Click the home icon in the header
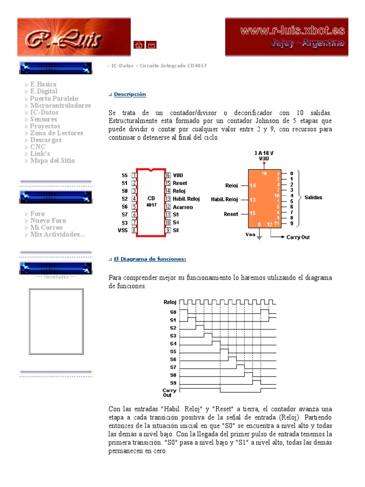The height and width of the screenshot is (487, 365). click(138, 45)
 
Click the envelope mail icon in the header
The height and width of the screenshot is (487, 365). click(151, 45)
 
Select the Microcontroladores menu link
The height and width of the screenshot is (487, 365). click(60, 105)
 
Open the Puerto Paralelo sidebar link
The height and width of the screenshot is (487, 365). click(54, 98)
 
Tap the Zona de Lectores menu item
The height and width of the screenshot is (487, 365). click(57, 133)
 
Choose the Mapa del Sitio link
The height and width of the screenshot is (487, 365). click(52, 161)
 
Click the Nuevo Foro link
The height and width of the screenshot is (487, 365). click(48, 221)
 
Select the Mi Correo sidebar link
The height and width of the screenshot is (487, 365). click(46, 228)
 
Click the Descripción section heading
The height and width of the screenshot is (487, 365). click(130, 95)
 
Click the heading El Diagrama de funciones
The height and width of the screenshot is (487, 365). click(150, 259)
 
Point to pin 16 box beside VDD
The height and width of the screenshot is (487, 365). click(168, 175)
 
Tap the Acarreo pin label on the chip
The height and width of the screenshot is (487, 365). click(183, 207)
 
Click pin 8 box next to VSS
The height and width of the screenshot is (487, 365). click(134, 230)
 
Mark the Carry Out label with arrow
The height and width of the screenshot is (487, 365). click(298, 236)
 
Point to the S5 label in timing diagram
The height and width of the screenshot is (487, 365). click(173, 351)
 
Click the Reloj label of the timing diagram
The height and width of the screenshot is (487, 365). click(170, 302)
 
